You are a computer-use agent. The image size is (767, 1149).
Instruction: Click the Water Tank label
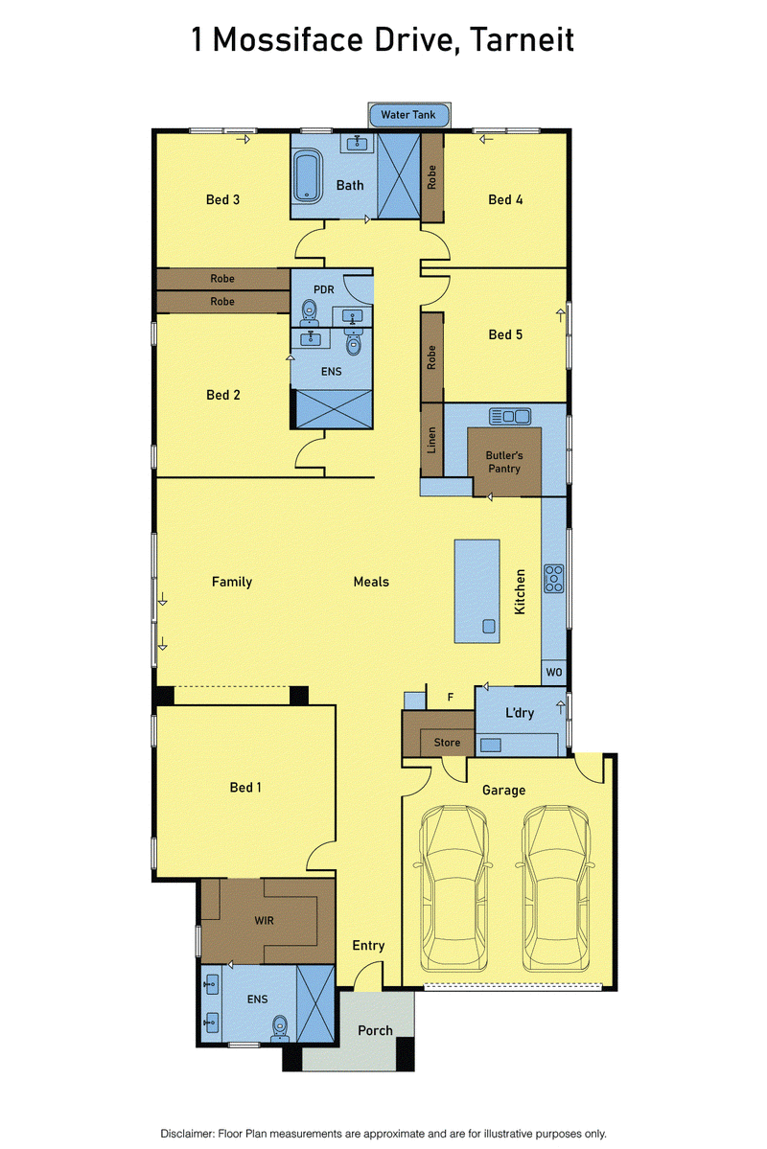pyautogui.click(x=407, y=114)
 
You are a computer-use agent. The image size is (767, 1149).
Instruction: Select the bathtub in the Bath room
pyautogui.click(x=307, y=176)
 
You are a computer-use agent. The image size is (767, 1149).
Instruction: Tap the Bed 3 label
pyautogui.click(x=223, y=199)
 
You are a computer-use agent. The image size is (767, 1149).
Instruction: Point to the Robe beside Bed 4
pyautogui.click(x=431, y=177)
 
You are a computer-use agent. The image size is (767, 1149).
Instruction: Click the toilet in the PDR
pyautogui.click(x=309, y=311)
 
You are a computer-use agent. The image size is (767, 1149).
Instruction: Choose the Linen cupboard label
pyautogui.click(x=431, y=440)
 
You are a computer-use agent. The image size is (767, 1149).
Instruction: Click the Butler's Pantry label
pyautogui.click(x=504, y=462)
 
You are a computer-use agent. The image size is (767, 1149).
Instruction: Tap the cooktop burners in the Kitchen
pyautogui.click(x=553, y=578)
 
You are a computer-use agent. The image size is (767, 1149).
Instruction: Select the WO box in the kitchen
pyautogui.click(x=554, y=672)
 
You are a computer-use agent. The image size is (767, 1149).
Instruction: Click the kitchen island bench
pyautogui.click(x=477, y=591)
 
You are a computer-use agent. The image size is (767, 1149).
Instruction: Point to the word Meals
pyautogui.click(x=371, y=582)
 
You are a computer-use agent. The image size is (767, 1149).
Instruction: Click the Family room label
pyautogui.click(x=232, y=582)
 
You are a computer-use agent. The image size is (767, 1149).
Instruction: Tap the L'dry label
pyautogui.click(x=520, y=713)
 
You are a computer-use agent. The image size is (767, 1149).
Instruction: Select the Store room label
pyautogui.click(x=448, y=743)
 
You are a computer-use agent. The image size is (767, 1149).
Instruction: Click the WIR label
pyautogui.click(x=264, y=920)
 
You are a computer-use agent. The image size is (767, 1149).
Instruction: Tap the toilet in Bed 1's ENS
pyautogui.click(x=279, y=1027)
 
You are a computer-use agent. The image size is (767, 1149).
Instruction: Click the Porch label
pyautogui.click(x=376, y=1031)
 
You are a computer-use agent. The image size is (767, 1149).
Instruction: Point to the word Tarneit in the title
pyautogui.click(x=523, y=39)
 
